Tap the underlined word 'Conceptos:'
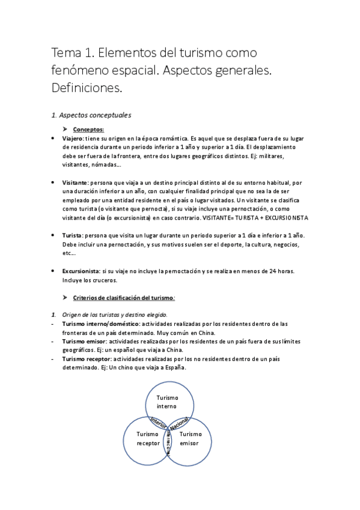[88, 129]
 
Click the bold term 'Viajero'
[72, 138]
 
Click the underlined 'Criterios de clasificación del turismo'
[123, 298]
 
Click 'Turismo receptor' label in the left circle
[148, 438]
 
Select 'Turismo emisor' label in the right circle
[191, 438]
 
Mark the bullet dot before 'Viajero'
[53, 138]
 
